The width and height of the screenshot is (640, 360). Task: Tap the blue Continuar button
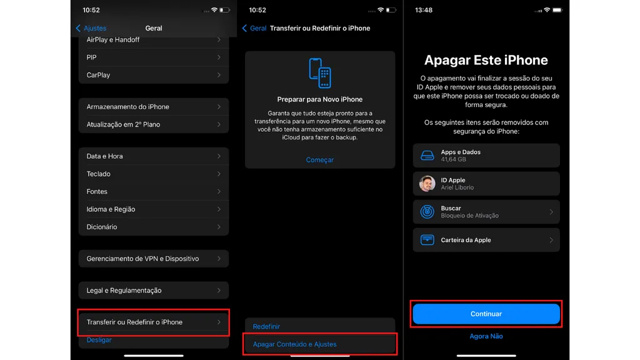pyautogui.click(x=486, y=314)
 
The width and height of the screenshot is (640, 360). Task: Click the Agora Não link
pyautogui.click(x=486, y=336)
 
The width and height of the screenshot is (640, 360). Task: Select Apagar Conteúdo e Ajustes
pyautogui.click(x=294, y=344)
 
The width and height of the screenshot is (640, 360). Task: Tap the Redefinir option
pyautogui.click(x=266, y=326)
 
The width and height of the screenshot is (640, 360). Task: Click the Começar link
pyautogui.click(x=319, y=160)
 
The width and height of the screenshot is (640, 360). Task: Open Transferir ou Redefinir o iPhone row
pyautogui.click(x=154, y=322)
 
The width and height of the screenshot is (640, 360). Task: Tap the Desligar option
pyautogui.click(x=99, y=339)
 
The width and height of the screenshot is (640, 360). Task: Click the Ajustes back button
pyautogui.click(x=91, y=28)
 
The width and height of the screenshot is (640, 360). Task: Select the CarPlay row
pyautogui.click(x=154, y=75)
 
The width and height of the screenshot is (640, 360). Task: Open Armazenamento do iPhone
pyautogui.click(x=154, y=107)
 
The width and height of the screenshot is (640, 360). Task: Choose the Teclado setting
pyautogui.click(x=154, y=174)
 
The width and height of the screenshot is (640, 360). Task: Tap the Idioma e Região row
pyautogui.click(x=154, y=209)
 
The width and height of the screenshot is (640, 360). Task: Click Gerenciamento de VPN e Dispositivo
pyautogui.click(x=154, y=259)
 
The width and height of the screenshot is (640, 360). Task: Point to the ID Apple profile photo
pyautogui.click(x=427, y=184)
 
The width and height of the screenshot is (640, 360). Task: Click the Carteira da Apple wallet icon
pyautogui.click(x=427, y=240)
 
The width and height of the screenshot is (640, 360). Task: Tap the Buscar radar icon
pyautogui.click(x=427, y=212)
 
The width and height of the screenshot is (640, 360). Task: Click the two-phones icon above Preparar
pyautogui.click(x=319, y=73)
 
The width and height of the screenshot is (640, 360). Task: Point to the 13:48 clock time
pyautogui.click(x=423, y=10)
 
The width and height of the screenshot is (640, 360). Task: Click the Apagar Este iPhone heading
pyautogui.click(x=486, y=61)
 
